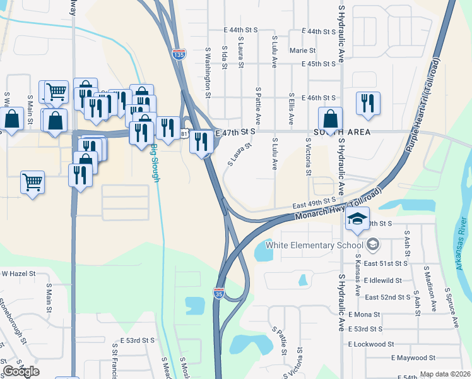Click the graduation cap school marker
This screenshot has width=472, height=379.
pyautogui.click(x=357, y=219)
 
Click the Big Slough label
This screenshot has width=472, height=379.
pyautogui.click(x=155, y=164)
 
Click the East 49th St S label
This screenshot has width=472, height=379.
pyautogui.click(x=314, y=203)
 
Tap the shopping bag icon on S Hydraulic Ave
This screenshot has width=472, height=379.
pyautogui.click(x=331, y=119)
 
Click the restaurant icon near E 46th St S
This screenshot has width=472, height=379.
pyautogui.click(x=368, y=103)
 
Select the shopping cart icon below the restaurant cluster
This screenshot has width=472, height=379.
pyautogui.click(x=32, y=183)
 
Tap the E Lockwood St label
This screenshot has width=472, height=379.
pyautogui.click(x=371, y=344)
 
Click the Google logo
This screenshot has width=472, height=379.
pyautogui.click(x=21, y=371)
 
